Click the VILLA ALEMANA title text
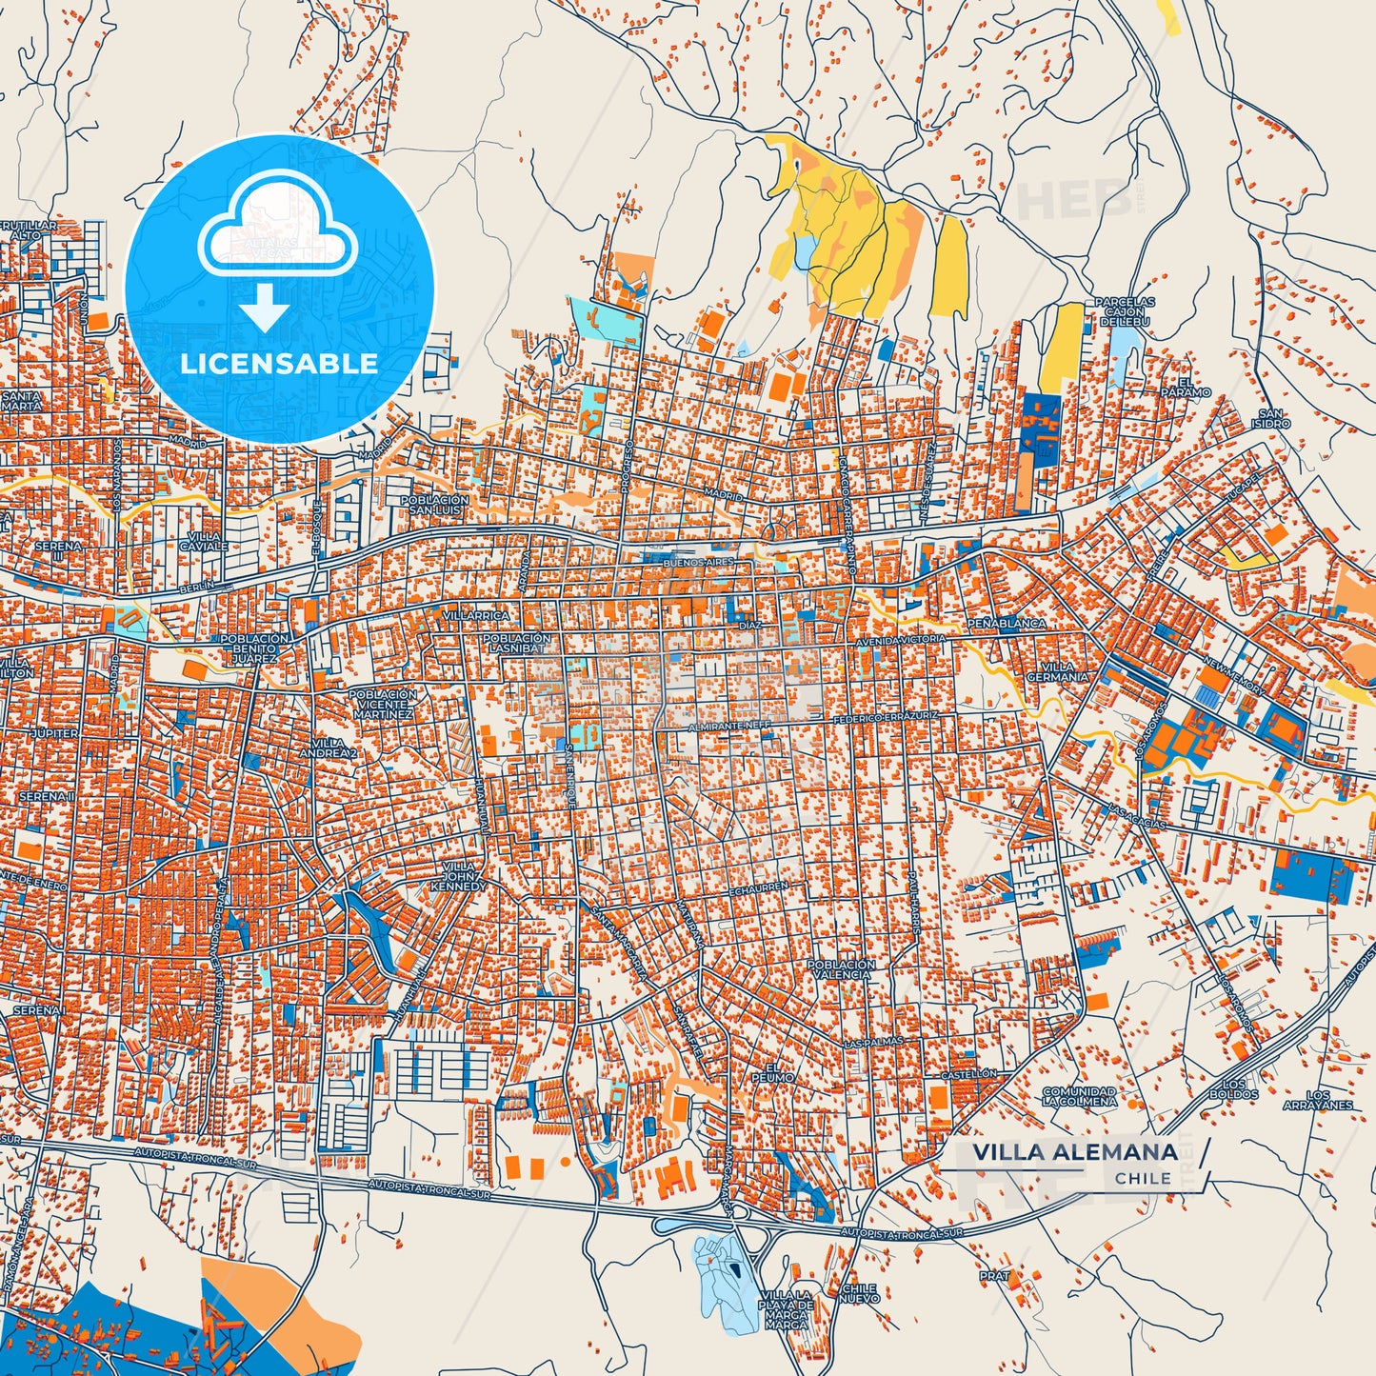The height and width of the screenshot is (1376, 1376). point(1074,1153)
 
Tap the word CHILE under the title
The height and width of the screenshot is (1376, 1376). point(1143,1179)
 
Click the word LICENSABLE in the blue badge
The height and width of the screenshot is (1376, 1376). point(280,363)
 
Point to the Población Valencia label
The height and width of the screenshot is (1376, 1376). point(841,969)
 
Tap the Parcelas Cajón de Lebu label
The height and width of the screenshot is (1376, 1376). point(1125,311)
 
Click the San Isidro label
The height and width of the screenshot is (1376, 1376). point(1270,418)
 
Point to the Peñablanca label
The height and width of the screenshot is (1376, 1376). point(1007,623)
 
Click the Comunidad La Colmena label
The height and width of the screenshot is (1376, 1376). point(1079,1096)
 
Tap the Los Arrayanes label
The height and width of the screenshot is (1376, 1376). point(1317,1100)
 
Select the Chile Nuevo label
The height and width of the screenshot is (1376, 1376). point(860,1293)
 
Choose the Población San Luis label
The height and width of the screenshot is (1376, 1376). point(433,505)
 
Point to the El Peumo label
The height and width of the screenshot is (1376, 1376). point(777,1071)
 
